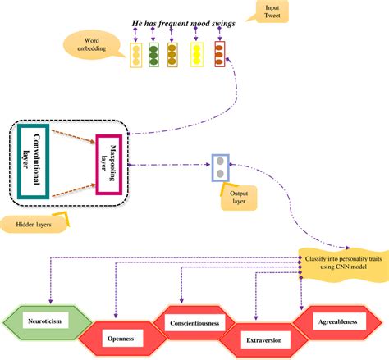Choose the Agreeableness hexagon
click(338, 322)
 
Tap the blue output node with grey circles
click(220, 167)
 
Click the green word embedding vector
click(153, 54)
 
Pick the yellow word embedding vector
click(197, 54)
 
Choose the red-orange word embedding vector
click(219, 54)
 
